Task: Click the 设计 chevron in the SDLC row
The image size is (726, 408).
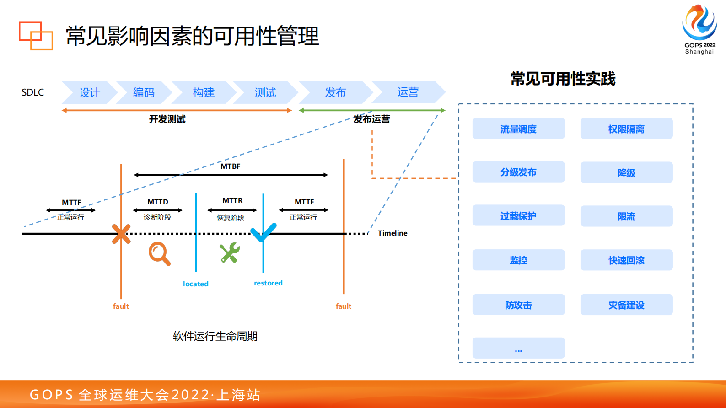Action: tap(89, 92)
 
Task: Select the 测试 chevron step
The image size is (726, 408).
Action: tap(265, 92)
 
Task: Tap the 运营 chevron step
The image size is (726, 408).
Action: tap(408, 92)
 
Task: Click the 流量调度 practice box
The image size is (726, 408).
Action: tap(518, 129)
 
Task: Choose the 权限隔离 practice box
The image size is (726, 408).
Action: tap(626, 129)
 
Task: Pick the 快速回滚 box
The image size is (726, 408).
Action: tap(626, 260)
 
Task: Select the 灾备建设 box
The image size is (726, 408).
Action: tap(626, 305)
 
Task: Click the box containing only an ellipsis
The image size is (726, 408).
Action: tap(518, 349)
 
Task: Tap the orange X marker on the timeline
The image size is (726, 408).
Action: tap(121, 234)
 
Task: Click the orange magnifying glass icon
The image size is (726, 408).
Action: tap(159, 253)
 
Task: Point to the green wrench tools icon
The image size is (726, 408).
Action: tap(230, 252)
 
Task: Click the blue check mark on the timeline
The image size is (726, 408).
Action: tap(264, 232)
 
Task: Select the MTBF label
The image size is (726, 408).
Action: tap(230, 166)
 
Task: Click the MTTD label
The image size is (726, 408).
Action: tap(157, 202)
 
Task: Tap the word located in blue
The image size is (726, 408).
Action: tap(195, 284)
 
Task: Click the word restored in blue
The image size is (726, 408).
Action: tap(268, 283)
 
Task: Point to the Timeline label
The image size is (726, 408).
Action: tap(392, 233)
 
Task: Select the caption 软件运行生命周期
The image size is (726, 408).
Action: tap(215, 336)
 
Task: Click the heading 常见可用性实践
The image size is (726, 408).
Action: tap(563, 79)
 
